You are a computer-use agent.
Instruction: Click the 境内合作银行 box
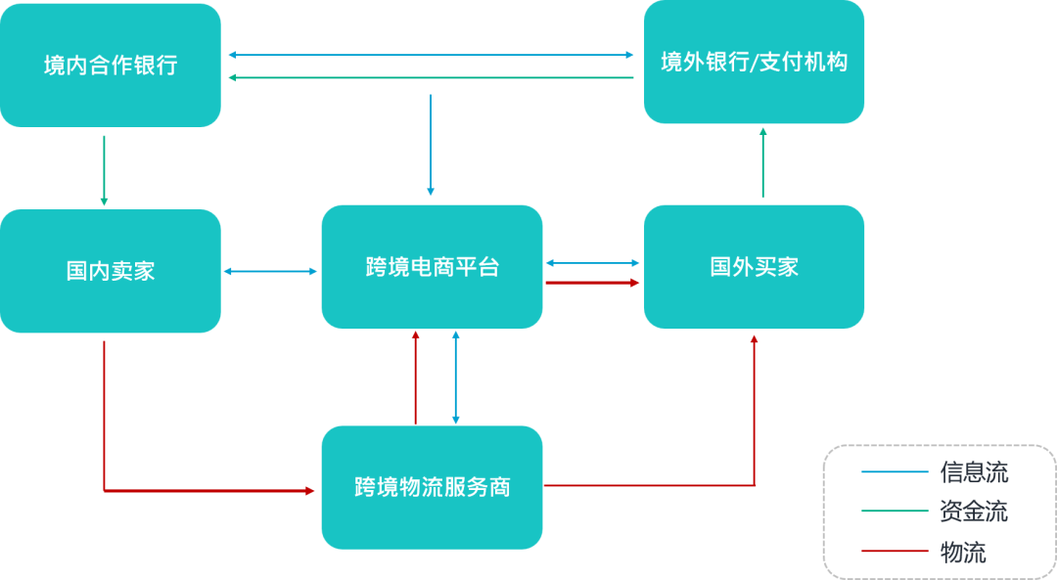tap(111, 66)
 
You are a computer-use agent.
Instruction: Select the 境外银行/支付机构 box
tap(754, 63)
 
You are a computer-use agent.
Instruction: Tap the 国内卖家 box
tap(111, 271)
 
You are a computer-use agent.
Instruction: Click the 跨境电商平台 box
tap(432, 267)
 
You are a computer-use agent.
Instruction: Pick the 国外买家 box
tap(754, 267)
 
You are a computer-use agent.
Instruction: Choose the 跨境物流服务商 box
tap(432, 486)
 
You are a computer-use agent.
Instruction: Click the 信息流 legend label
tap(973, 472)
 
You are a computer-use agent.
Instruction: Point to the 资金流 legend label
tap(973, 512)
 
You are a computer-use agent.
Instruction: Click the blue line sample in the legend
tap(895, 472)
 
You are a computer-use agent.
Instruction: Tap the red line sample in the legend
tap(895, 552)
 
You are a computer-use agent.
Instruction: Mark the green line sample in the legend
tap(895, 512)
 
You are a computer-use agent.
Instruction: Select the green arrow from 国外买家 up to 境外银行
tap(762, 163)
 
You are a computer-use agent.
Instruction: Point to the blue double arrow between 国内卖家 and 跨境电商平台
tap(271, 271)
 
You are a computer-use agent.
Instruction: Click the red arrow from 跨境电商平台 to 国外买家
tap(592, 283)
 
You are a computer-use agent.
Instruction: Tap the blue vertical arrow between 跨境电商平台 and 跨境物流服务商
tap(455, 377)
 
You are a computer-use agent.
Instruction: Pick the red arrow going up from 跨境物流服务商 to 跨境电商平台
tap(416, 377)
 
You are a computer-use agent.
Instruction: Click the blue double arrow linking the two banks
tap(432, 56)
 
